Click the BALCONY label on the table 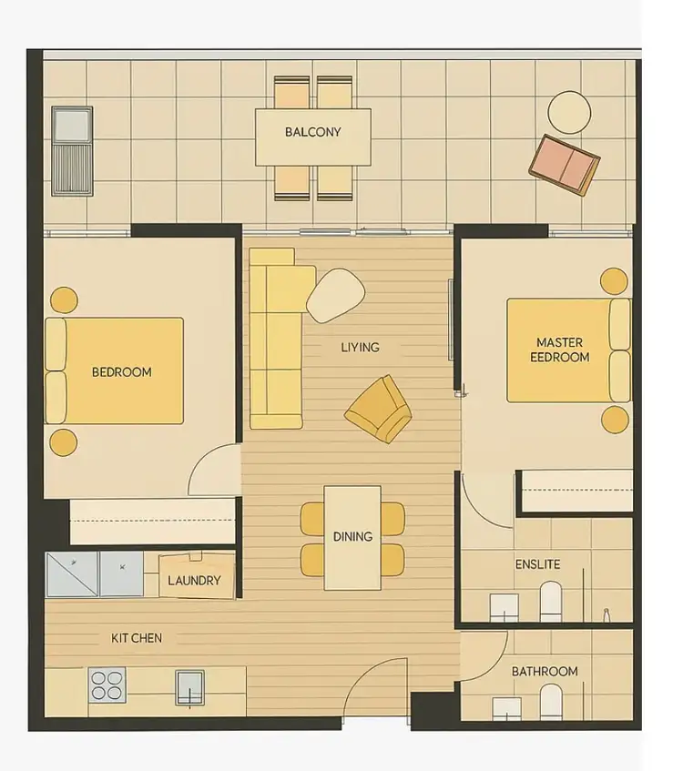click(312, 132)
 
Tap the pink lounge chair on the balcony click(565, 165)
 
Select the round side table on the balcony click(570, 112)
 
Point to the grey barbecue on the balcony click(71, 150)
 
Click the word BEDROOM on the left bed click(121, 371)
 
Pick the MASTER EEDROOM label click(559, 350)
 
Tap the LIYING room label click(360, 347)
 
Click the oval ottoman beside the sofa click(335, 295)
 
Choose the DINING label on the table click(352, 536)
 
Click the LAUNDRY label click(194, 580)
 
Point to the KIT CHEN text click(137, 638)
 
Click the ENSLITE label click(537, 564)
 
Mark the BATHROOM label click(544, 671)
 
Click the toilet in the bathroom click(551, 702)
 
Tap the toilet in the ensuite click(552, 600)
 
